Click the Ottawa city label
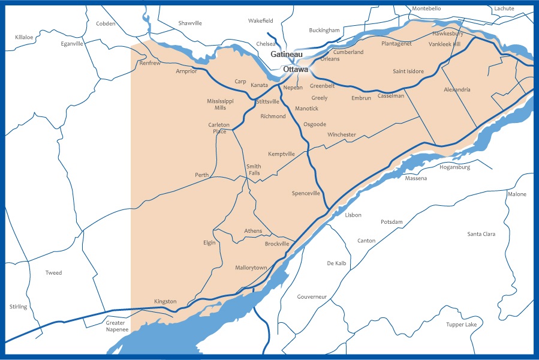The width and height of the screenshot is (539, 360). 296,69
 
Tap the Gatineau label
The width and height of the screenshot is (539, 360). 287,54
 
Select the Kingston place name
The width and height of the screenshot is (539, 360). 165,301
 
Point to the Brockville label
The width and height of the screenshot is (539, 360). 277,244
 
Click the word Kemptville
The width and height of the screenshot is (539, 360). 281,154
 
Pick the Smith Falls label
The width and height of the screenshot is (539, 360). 254,170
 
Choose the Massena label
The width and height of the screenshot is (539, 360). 416,178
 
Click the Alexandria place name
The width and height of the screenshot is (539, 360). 457,89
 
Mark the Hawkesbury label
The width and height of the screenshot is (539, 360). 448,34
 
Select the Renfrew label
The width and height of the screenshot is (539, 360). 150,63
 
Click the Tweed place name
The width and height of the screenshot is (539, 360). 53,273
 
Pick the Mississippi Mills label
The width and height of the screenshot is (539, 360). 220,104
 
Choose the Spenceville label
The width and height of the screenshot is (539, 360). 306,193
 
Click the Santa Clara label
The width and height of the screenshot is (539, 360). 481,233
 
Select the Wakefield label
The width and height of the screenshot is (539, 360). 261,20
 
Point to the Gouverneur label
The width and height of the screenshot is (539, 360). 312,296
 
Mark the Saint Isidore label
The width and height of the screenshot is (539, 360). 408,71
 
